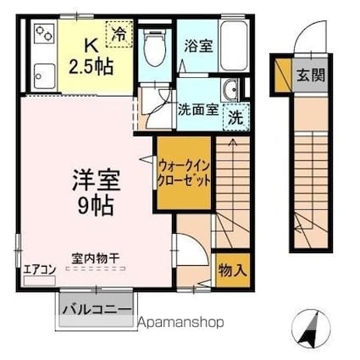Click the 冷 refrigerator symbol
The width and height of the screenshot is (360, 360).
[x=119, y=35]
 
